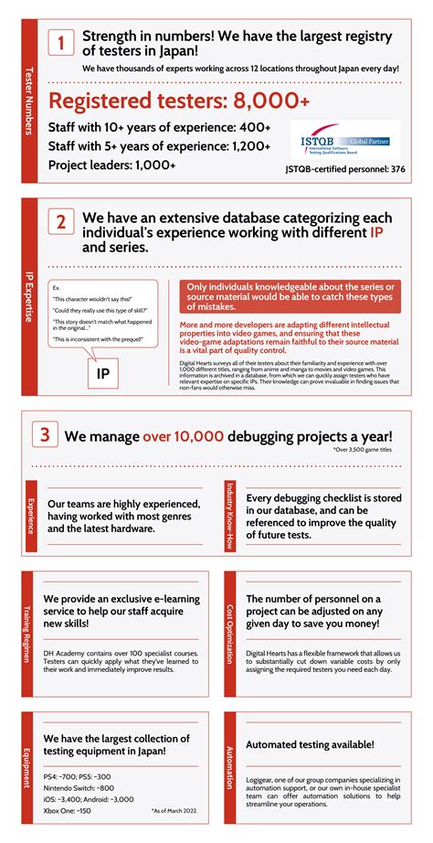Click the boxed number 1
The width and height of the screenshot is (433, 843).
(60, 43)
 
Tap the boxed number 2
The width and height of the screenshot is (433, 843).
(60, 222)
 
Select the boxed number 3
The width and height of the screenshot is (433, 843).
(45, 435)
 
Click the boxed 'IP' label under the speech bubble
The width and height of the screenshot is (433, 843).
(103, 374)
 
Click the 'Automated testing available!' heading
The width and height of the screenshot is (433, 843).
(311, 744)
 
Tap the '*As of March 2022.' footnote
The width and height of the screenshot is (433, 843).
(174, 810)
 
